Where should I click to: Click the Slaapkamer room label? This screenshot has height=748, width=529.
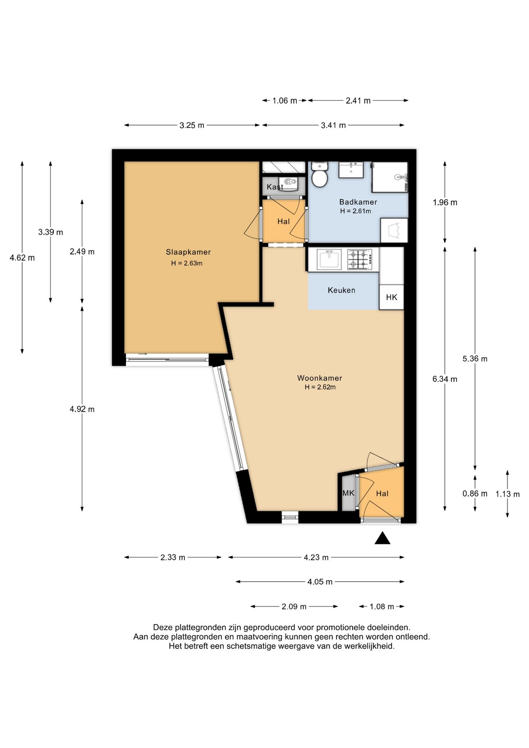188,252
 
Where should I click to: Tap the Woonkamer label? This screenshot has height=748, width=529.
319,378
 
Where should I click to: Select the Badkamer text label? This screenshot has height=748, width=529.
358,202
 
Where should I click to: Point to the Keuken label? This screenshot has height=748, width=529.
341,290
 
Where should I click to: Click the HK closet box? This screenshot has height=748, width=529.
391,297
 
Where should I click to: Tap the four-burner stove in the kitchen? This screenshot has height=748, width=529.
363,259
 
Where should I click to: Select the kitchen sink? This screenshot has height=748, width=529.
329,259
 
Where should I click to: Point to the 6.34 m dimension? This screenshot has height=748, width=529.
445,379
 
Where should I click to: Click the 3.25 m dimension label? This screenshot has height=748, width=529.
192,125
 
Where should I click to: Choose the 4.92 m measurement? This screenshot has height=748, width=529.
82,409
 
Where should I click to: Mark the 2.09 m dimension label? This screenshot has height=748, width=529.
294,607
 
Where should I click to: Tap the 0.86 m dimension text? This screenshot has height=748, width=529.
475,494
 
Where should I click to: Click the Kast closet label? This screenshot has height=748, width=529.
275,187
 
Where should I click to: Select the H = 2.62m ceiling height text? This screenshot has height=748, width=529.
320,387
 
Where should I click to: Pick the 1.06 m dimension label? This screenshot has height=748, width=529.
285,101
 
